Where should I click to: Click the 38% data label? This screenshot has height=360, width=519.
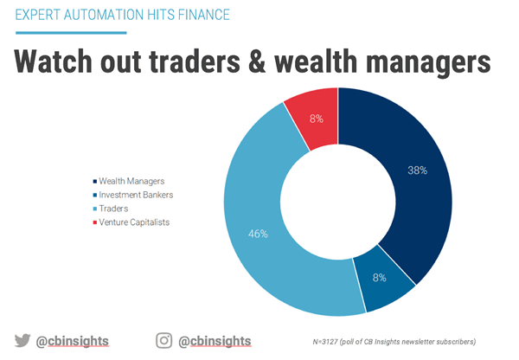(418, 170)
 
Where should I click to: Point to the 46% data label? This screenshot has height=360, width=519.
(258, 234)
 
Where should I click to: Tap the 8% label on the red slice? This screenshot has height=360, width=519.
(317, 119)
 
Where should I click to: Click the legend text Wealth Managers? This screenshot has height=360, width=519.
(131, 181)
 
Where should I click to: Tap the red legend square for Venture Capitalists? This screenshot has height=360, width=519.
(95, 222)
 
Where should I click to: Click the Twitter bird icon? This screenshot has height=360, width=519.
(22, 340)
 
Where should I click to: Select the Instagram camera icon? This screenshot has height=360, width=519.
(163, 340)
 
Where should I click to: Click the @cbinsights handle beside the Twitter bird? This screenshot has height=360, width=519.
(72, 341)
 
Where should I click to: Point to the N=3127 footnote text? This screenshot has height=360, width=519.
(394, 342)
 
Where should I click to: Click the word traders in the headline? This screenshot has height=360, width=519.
(195, 61)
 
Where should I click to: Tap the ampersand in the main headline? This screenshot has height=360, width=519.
(257, 61)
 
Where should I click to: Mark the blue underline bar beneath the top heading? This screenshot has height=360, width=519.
(71, 33)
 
